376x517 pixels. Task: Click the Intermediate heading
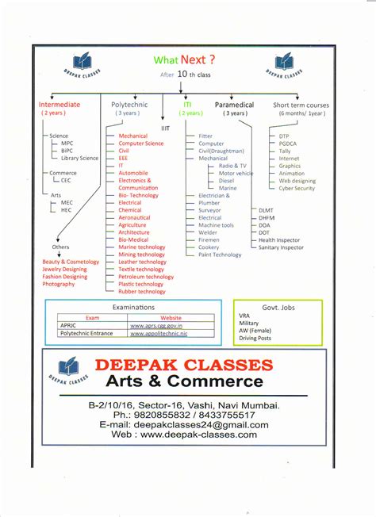59,105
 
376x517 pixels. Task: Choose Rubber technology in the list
142,292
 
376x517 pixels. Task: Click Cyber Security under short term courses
297,188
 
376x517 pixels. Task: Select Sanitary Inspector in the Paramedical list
281,247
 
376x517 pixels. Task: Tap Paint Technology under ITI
220,255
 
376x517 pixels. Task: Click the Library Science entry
79,158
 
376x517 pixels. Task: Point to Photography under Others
59,284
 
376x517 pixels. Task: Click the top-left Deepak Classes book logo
82,63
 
